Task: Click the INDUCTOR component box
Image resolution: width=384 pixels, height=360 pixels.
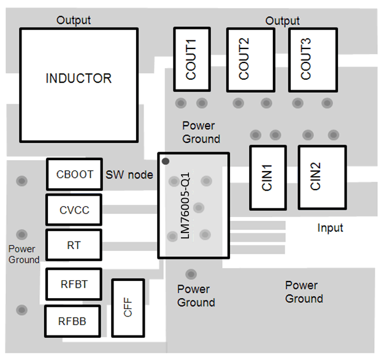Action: pos(79,79)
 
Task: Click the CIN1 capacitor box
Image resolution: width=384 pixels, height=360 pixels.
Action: pos(267,177)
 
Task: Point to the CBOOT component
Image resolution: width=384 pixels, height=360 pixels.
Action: pos(74,174)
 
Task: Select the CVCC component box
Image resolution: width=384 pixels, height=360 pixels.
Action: pos(74,210)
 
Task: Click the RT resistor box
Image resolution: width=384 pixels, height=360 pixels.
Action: pos(74,245)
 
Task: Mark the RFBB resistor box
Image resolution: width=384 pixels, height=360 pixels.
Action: pos(72,320)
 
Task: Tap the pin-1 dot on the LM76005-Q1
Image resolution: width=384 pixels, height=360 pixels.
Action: pos(165,161)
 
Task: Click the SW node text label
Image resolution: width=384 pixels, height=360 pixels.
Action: pos(129,175)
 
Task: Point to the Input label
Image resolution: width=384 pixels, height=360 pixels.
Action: pos(330,228)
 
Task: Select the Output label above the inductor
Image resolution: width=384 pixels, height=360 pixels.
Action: pos(74,20)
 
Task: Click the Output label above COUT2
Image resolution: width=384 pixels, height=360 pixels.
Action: pos(282,21)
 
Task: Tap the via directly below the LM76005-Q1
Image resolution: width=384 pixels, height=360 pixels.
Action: pos(191,274)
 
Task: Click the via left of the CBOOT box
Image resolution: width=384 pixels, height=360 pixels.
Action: pos(22,181)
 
